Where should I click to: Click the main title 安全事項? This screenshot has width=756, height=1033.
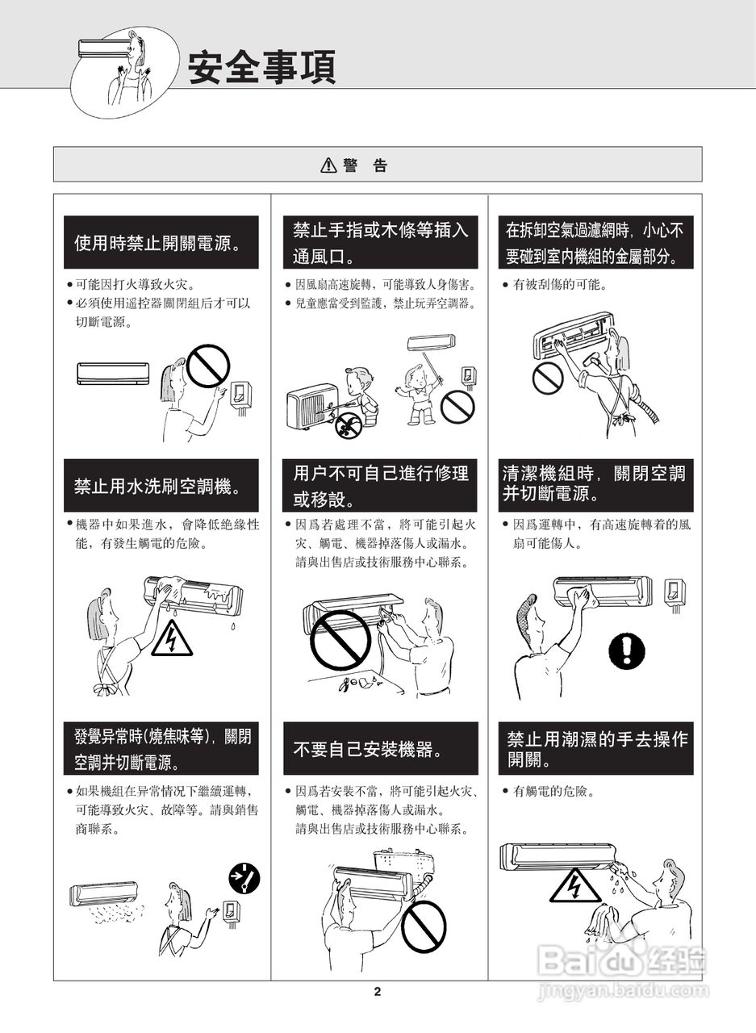[261, 68]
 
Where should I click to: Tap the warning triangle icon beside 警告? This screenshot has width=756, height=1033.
[328, 165]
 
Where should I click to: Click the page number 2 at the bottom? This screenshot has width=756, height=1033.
[378, 992]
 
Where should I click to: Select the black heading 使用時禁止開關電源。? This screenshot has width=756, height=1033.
[161, 242]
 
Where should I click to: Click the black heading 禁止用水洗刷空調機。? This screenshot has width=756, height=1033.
[161, 485]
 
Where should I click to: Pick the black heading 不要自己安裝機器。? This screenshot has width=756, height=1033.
[380, 749]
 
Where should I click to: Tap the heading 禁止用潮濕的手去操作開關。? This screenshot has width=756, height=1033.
[595, 748]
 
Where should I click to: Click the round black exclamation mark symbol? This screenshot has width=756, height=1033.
[626, 650]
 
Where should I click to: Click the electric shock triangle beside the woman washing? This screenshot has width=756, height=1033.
[172, 638]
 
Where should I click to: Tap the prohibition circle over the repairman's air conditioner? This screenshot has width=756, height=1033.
[340, 641]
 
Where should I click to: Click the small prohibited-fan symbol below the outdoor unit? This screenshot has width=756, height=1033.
[348, 425]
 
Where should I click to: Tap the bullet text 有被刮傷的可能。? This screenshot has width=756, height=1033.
[560, 285]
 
